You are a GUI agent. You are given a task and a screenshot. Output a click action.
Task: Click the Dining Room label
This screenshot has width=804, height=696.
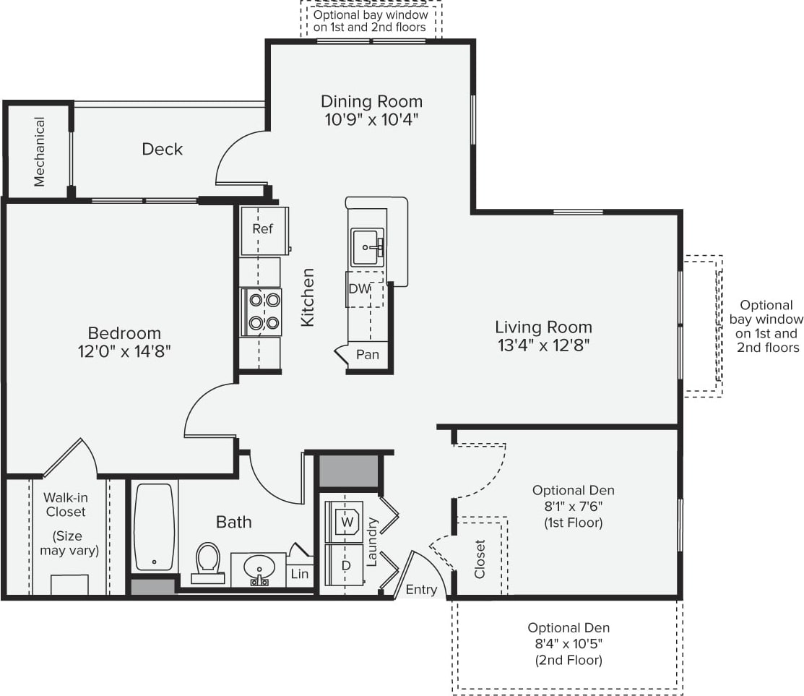click(x=371, y=101)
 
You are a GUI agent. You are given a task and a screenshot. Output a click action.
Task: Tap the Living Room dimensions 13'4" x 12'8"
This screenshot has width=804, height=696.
click(x=543, y=345)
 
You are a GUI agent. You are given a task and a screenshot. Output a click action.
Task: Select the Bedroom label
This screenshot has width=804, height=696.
click(x=124, y=333)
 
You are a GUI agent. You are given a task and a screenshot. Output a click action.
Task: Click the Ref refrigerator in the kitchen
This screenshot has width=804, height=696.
click(x=263, y=229)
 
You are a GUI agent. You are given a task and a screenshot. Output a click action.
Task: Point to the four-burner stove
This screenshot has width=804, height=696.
click(x=261, y=312)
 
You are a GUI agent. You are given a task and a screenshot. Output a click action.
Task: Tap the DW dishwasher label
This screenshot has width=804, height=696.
click(x=359, y=288)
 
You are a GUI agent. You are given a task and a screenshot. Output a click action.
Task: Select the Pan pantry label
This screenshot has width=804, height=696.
click(x=368, y=355)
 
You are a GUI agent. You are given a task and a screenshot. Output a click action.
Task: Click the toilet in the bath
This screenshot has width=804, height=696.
click(x=208, y=561)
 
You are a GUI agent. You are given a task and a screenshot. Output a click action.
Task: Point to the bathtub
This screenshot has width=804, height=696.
click(x=155, y=527)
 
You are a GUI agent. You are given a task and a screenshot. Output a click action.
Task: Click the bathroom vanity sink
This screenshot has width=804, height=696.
click(x=257, y=567)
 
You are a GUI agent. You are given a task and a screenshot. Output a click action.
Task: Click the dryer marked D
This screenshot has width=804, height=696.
click(x=345, y=563)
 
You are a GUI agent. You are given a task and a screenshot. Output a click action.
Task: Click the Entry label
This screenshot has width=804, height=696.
click(x=421, y=590)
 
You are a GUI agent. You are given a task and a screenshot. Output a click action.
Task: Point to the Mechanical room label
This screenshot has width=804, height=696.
click(x=39, y=152)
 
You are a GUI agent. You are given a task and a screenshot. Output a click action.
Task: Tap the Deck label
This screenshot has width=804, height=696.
click(x=162, y=149)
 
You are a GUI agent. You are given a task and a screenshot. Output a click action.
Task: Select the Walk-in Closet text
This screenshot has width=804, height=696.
click(x=65, y=504)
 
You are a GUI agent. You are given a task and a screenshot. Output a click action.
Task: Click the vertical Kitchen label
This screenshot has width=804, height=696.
click(x=308, y=297)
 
